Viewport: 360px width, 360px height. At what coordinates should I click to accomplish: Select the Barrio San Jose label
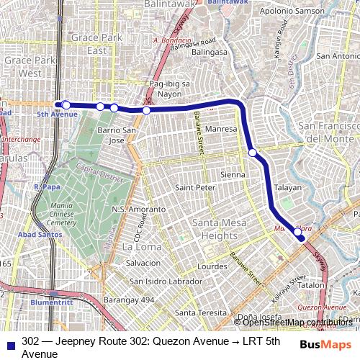click(x=116, y=135)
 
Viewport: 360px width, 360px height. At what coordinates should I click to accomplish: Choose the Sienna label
click(x=233, y=175)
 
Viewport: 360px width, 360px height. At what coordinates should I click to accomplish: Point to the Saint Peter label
click(x=195, y=188)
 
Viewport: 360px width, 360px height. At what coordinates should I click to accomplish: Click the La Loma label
click(x=137, y=246)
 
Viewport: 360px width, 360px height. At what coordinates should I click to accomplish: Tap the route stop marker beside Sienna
click(x=253, y=153)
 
